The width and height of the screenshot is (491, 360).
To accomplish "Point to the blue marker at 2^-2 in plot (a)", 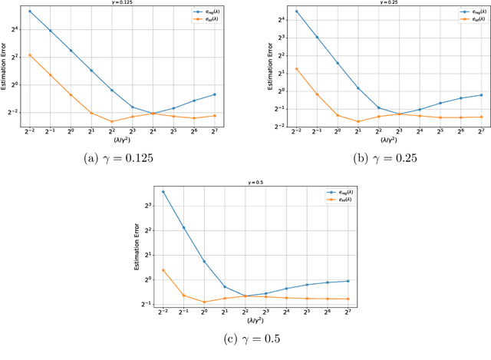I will tap(29, 12).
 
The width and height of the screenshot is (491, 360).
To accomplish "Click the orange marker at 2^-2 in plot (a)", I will tap(29, 55).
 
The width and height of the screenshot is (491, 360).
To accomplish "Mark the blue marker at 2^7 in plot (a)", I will tap(215, 94).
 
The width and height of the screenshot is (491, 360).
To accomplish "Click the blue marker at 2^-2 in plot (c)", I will tap(163, 192).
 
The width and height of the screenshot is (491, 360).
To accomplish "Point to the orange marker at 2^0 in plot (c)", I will tap(204, 302).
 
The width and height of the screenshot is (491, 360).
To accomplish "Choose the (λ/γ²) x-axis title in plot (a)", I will tap(121, 140).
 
